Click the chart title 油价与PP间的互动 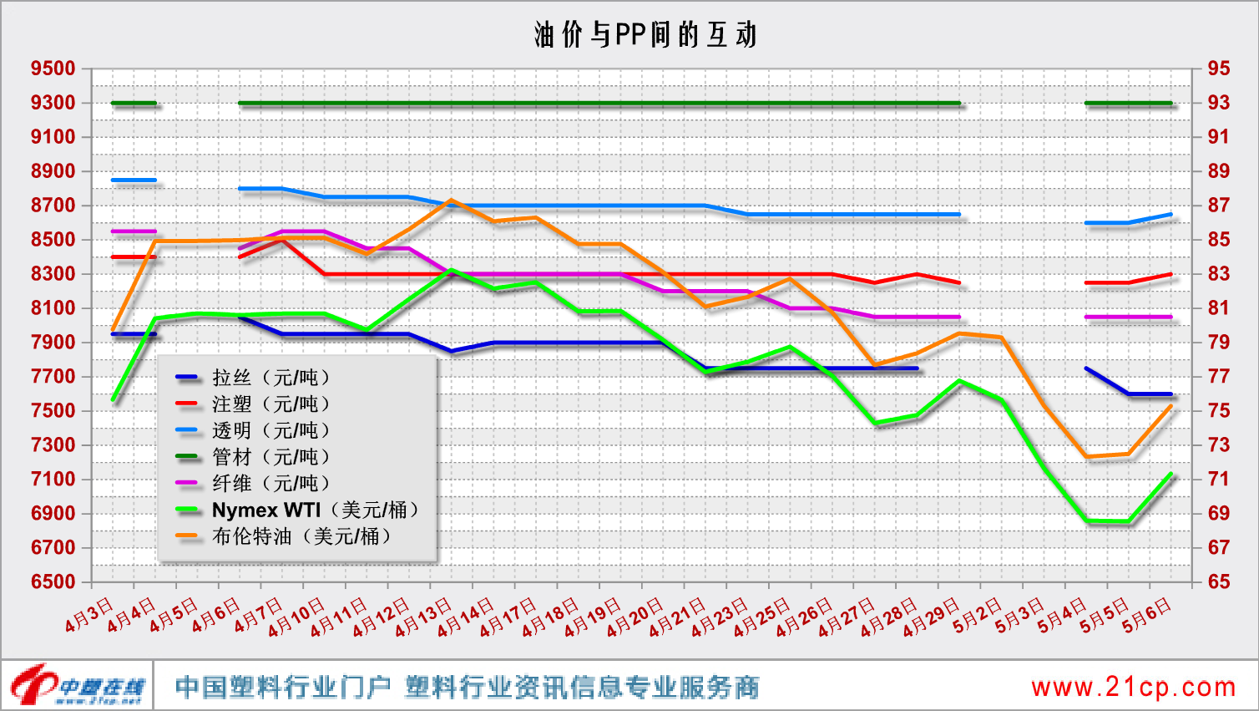coord(645,34)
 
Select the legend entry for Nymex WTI coord(314,510)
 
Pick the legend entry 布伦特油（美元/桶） coord(301,536)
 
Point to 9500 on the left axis coord(53,69)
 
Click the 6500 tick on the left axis coord(53,581)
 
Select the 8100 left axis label coord(53,308)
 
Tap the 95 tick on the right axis coord(1218,69)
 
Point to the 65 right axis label coord(1218,581)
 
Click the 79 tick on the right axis coord(1218,343)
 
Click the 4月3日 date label coord(89,615)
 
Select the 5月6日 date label coord(1147,617)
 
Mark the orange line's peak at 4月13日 coord(451,201)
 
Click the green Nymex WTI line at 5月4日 coord(1087,521)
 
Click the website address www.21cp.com coord(1133,688)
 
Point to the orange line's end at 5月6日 coord(1171,406)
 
